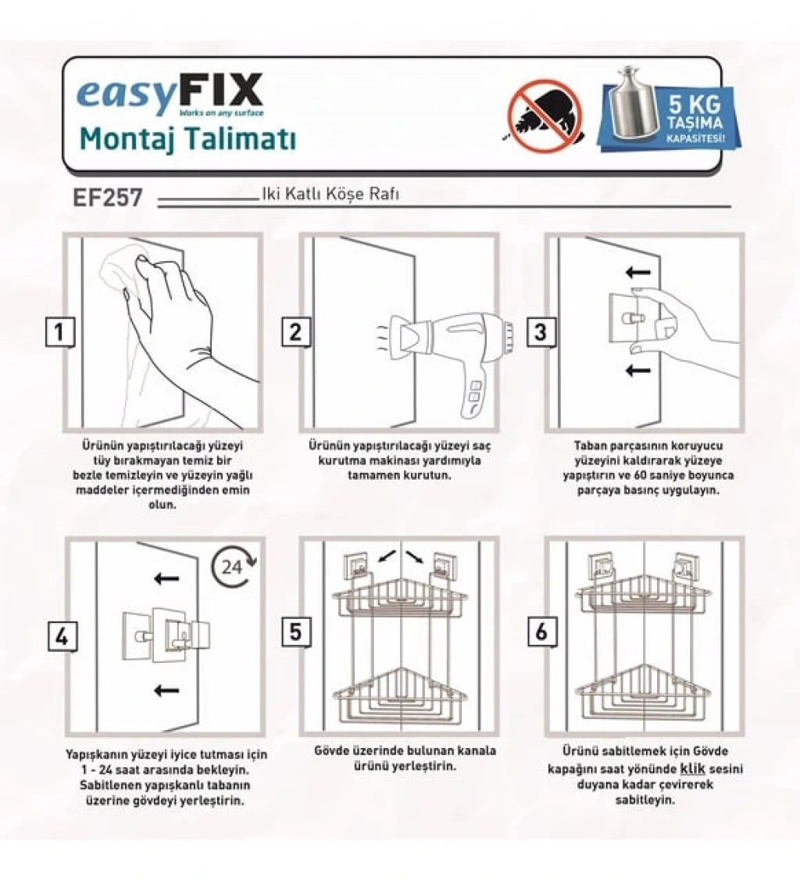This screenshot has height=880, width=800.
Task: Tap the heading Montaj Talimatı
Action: click(187, 138)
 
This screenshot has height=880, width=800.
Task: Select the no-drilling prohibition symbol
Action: click(544, 116)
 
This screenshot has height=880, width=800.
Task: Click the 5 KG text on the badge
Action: click(695, 105)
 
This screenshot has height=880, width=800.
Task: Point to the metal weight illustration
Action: click(634, 104)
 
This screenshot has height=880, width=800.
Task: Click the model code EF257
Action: click(108, 198)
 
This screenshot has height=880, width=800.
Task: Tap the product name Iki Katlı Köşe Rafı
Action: click(330, 194)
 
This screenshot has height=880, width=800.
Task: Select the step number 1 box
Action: click(59, 331)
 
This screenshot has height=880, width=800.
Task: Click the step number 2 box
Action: click(295, 331)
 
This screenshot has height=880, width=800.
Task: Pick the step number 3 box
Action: click(541, 331)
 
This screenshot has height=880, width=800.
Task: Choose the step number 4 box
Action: click(62, 636)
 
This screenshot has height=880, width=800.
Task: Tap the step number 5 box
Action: click(295, 632)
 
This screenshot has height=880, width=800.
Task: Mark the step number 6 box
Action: click(541, 632)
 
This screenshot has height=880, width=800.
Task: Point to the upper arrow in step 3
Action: click(637, 273)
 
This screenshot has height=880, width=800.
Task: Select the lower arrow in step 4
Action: click(166, 690)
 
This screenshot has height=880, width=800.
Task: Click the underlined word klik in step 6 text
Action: click(692, 770)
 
